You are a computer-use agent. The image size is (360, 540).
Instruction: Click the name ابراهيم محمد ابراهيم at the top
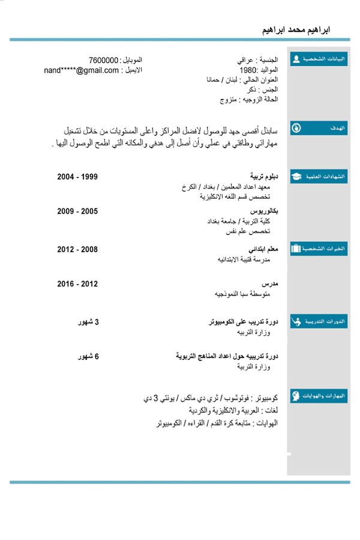[297, 29]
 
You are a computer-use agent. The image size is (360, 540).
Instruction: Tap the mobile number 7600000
[103, 61]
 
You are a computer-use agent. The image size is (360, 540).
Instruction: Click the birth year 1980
[249, 70]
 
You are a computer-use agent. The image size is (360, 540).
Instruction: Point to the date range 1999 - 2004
[77, 177]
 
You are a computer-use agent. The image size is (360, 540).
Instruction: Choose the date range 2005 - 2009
[77, 212]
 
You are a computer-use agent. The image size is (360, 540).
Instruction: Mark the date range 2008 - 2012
[77, 249]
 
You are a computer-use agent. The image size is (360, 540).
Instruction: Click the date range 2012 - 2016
[77, 284]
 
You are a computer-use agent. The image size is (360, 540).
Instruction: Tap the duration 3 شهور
[89, 322]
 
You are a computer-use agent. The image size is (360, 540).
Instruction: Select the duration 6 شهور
[89, 357]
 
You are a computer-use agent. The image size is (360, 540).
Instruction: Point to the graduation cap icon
[296, 177]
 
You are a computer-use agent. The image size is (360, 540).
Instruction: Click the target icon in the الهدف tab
[296, 128]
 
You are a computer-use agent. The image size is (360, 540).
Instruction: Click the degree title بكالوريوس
[264, 212]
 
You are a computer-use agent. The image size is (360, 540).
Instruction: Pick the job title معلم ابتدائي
[263, 249]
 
